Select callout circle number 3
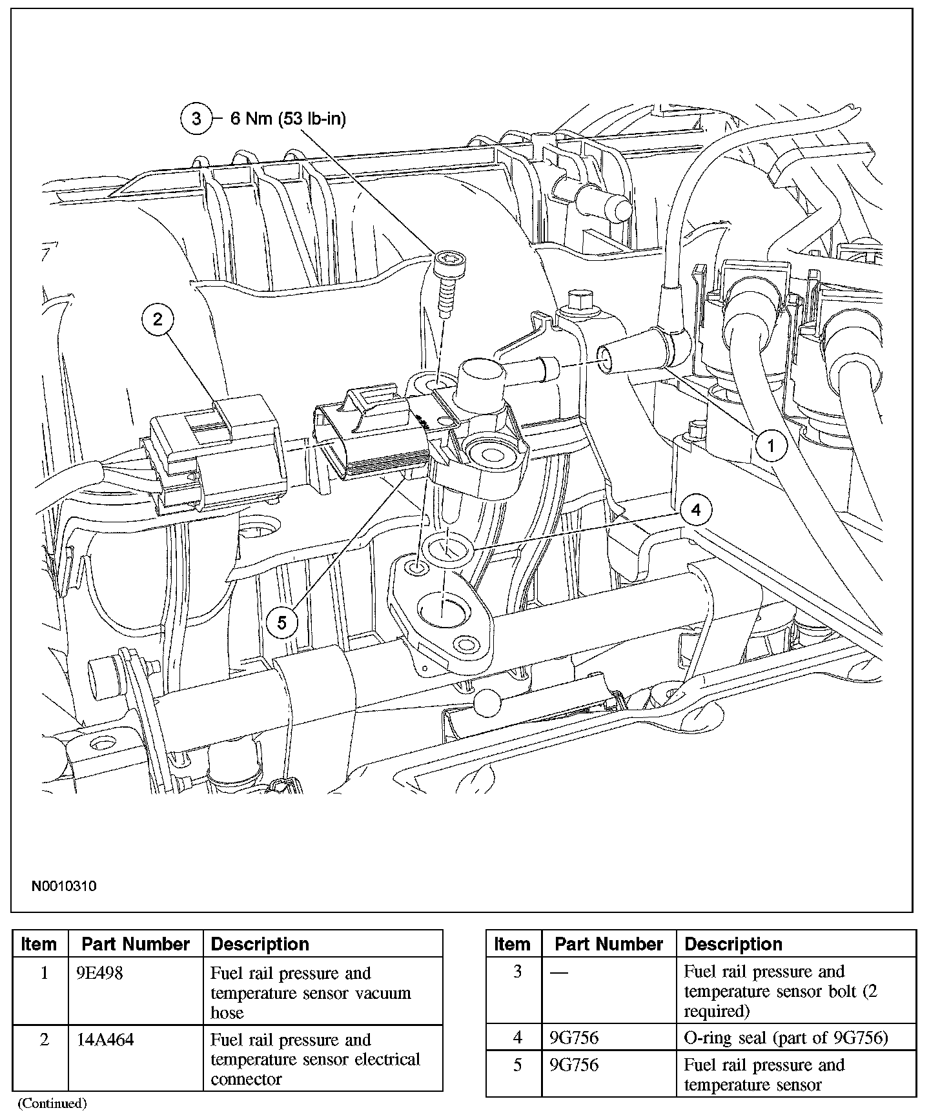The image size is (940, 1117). click(196, 119)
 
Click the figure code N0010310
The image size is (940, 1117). click(64, 886)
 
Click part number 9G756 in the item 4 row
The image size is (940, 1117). click(573, 1038)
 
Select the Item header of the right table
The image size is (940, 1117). click(512, 944)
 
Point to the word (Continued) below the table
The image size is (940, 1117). click(52, 1103)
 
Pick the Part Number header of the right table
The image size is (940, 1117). click(609, 944)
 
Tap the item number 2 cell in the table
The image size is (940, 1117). click(45, 1040)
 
